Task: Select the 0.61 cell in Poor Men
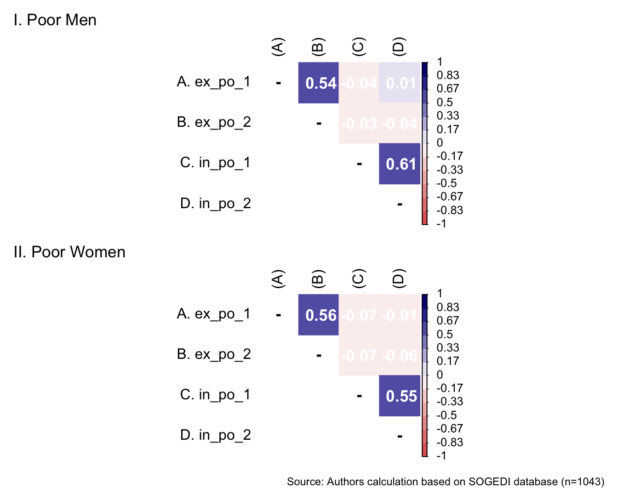click(400, 164)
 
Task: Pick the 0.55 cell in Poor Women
click(400, 396)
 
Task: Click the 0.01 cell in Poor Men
click(400, 83)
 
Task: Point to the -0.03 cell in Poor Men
click(359, 124)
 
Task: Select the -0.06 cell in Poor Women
click(400, 355)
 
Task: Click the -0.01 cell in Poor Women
click(400, 315)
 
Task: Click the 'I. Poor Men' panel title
click(55, 20)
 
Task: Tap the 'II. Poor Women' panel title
click(69, 252)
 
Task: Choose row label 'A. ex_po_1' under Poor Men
click(214, 82)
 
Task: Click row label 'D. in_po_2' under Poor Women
click(216, 435)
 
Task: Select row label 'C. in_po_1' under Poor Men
click(216, 163)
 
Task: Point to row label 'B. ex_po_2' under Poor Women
click(214, 354)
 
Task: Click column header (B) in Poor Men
click(318, 47)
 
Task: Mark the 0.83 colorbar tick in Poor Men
click(447, 75)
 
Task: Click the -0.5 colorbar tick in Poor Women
click(446, 415)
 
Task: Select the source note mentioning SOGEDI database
click(445, 482)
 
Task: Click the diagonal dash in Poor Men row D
click(400, 204)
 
